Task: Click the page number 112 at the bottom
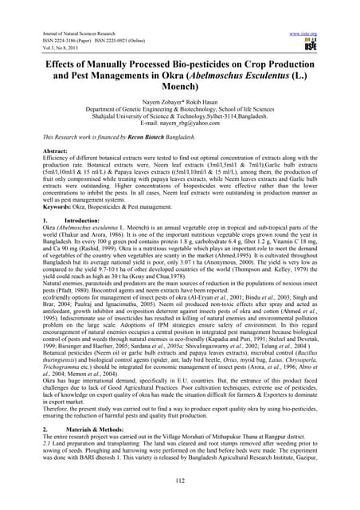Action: coord(179,480)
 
